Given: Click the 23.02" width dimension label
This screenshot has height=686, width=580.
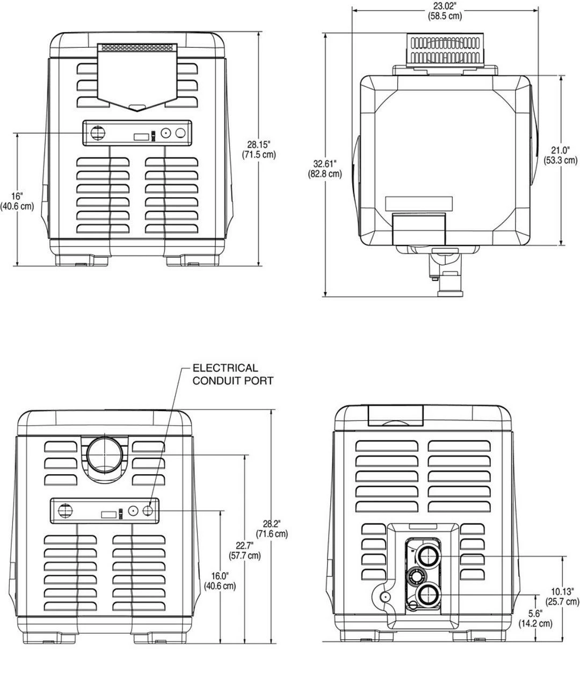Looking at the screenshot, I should (445, 6).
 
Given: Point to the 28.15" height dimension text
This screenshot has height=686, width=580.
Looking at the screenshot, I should (258, 144).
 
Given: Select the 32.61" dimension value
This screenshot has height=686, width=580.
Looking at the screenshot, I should (325, 163).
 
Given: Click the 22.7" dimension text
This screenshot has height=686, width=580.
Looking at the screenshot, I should (244, 546).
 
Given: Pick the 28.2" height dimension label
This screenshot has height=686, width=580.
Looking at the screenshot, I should (271, 524).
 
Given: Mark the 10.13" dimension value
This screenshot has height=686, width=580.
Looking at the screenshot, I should (562, 591).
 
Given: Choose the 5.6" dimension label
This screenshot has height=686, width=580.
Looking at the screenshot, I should (535, 613).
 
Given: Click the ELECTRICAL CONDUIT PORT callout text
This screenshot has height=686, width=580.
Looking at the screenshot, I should (233, 374).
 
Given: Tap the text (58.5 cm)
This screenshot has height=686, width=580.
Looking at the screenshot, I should (445, 16).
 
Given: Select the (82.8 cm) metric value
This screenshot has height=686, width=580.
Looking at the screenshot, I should (325, 174).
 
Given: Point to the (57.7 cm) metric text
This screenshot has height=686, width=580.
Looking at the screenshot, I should (244, 555).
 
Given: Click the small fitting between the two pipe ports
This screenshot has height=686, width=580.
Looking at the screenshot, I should (415, 577).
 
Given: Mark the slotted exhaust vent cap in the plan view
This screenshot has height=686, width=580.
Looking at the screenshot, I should (445, 50).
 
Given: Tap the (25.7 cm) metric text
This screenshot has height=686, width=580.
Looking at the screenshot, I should (562, 602).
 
